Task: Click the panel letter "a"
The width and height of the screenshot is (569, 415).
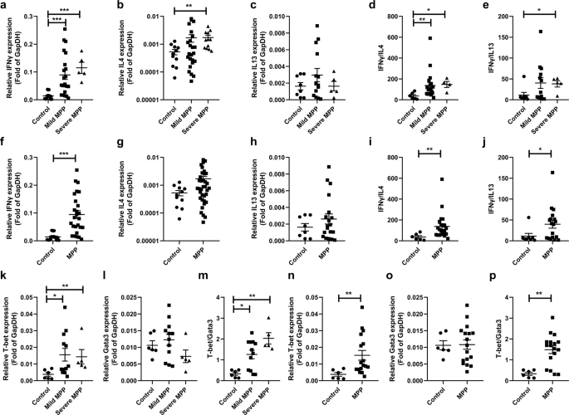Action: pyautogui.click(x=5, y=6)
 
